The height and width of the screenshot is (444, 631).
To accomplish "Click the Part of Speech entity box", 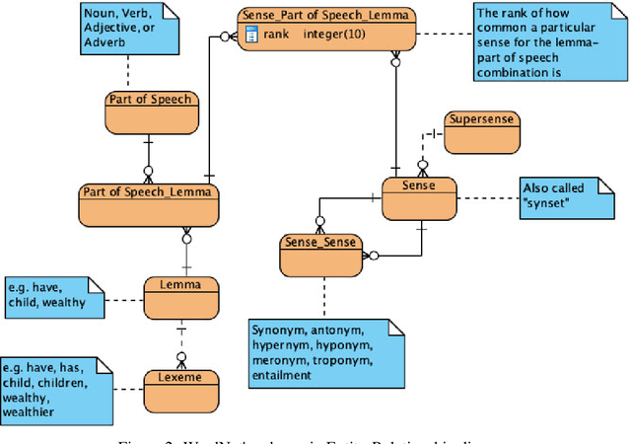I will (x=150, y=111).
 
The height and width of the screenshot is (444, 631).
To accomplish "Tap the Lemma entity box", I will (x=180, y=297).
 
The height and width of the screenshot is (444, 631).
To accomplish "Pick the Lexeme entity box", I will (x=179, y=388).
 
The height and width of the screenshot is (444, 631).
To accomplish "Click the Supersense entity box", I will (x=481, y=132).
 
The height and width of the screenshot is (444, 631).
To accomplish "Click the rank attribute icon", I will (x=251, y=36).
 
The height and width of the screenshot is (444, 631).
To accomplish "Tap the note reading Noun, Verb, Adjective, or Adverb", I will (x=128, y=28).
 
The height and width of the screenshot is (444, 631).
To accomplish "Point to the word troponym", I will (x=340, y=359).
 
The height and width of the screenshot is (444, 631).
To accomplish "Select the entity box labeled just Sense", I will (x=419, y=198).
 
